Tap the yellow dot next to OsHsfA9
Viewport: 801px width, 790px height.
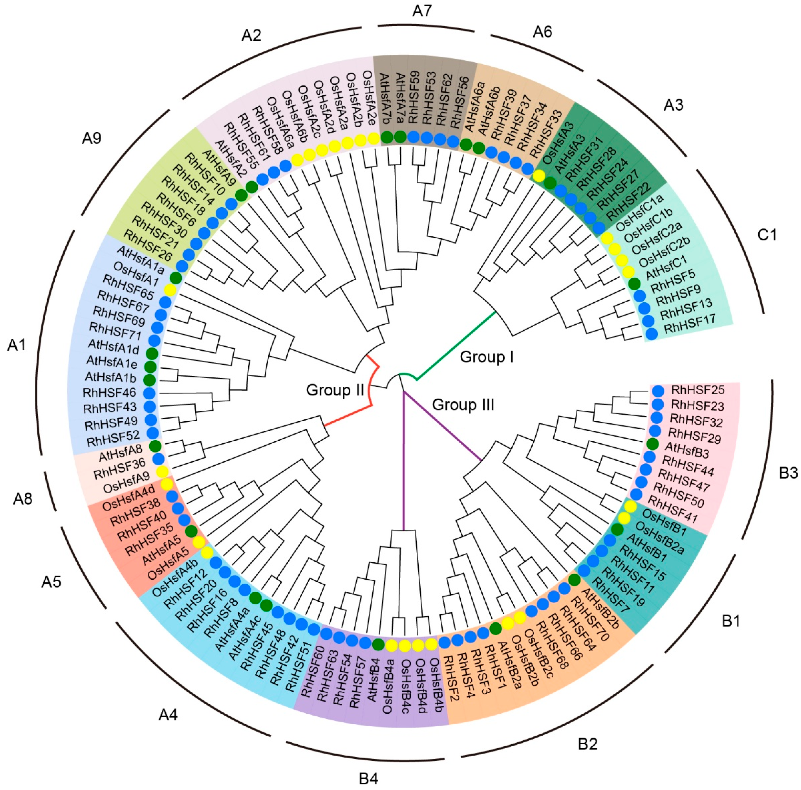click(x=162, y=472)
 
